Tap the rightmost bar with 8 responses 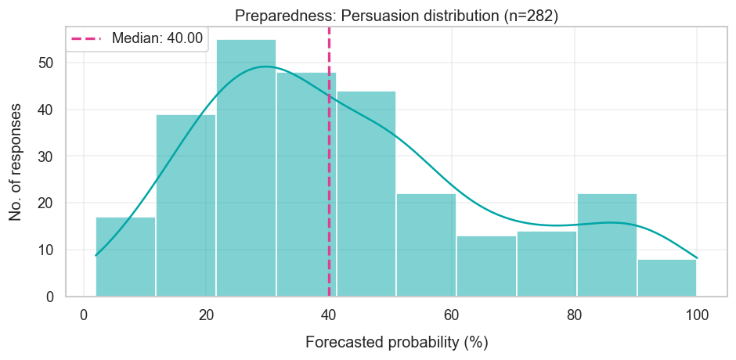point(666,278)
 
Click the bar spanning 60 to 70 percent point(486,266)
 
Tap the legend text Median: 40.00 point(157,38)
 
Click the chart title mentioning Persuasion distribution point(398,16)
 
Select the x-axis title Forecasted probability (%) point(396,343)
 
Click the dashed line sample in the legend point(86,38)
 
